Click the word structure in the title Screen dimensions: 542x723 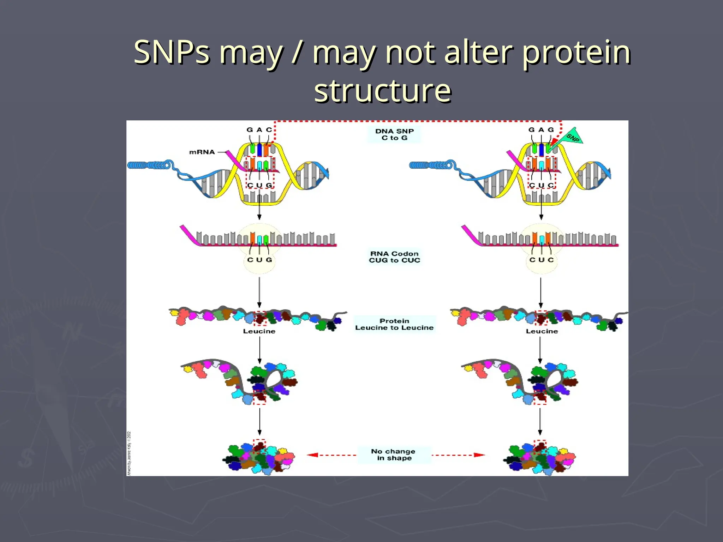point(383,91)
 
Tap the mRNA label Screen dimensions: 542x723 point(202,152)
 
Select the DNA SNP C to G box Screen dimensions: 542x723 point(394,134)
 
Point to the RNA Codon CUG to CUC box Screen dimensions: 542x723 point(394,257)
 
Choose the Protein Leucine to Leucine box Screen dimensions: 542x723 point(394,324)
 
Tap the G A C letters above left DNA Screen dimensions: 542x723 point(259,130)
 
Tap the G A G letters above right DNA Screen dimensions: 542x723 point(541,130)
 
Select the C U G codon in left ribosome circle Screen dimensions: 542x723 point(259,260)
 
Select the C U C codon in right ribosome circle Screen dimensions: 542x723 point(541,260)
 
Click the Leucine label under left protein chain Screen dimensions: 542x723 point(259,331)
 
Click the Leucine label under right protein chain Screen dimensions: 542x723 point(542,331)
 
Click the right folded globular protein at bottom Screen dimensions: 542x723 point(539,458)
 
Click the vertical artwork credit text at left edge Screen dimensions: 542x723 point(129,453)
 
